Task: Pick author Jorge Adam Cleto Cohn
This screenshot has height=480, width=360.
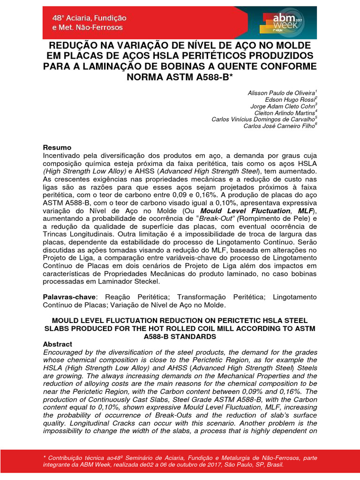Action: [x=285, y=106]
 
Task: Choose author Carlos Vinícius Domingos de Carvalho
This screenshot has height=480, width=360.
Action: [x=264, y=120]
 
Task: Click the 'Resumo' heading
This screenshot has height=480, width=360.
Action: [x=57, y=147]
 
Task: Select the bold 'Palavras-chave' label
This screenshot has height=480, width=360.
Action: [x=69, y=297]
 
